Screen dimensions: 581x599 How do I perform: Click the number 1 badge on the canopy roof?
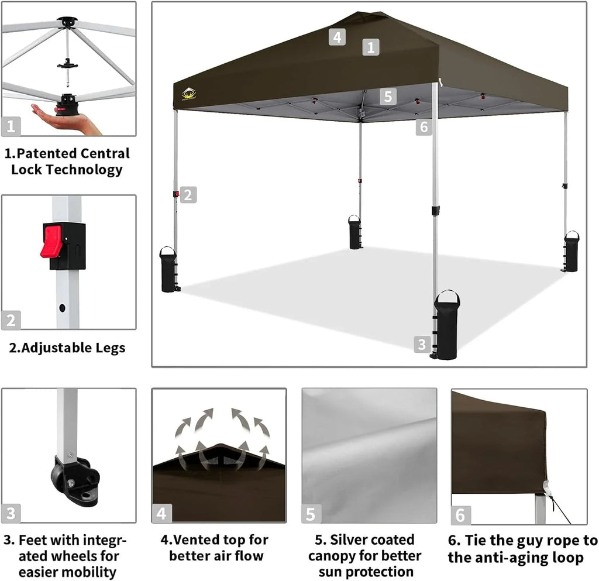(370, 47)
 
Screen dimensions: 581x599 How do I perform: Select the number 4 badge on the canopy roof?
(336, 37)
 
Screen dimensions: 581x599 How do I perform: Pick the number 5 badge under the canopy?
(387, 96)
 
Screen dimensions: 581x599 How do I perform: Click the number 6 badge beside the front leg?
(424, 126)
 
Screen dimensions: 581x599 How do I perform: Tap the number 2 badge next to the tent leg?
(188, 195)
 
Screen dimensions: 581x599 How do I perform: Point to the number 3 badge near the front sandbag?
(422, 344)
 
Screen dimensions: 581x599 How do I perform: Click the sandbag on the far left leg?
(168, 270)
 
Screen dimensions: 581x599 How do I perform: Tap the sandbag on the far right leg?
(571, 252)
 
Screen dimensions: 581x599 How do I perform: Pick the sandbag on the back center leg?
(355, 233)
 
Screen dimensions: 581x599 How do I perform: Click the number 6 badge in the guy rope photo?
(460, 515)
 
